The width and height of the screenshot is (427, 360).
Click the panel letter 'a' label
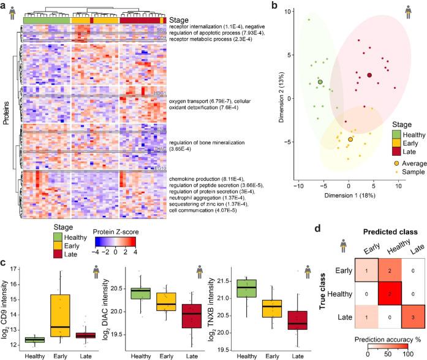pyautogui.click(x=4, y=6)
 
